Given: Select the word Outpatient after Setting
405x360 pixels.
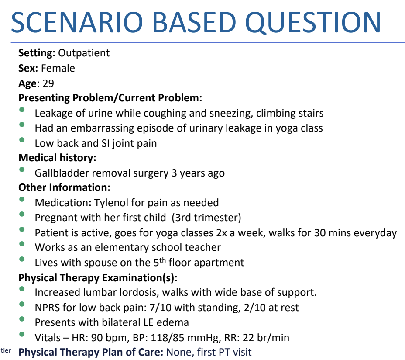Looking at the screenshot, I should [x=84, y=53].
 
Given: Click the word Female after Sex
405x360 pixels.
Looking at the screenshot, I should [x=58, y=68].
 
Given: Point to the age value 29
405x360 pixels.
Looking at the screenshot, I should [x=48, y=83].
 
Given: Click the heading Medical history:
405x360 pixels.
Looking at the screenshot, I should [x=57, y=158].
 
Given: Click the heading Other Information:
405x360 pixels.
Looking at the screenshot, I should [x=64, y=188].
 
